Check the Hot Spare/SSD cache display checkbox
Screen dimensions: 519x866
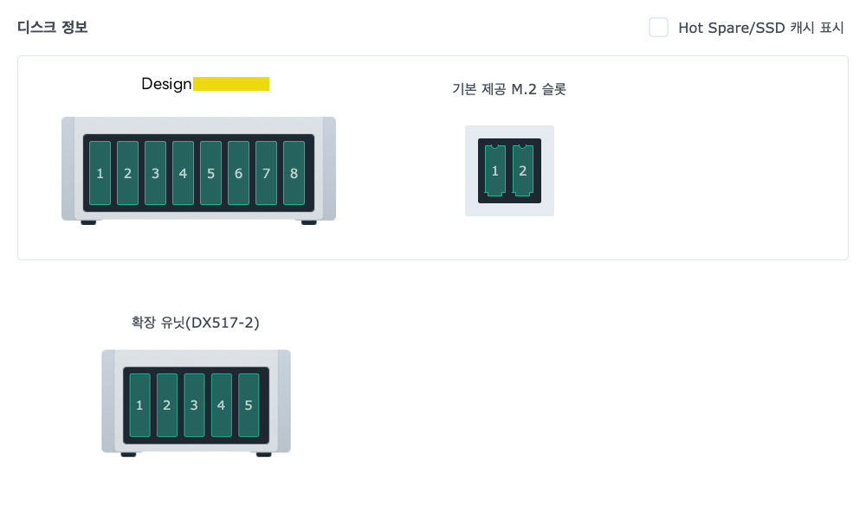[x=659, y=28]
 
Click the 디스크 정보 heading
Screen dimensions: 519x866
[x=52, y=27]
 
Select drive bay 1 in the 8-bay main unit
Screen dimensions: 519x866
[x=100, y=173]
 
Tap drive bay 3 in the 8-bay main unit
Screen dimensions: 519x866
[x=155, y=173]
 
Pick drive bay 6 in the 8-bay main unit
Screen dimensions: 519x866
[x=238, y=173]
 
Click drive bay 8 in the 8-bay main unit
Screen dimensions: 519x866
[x=294, y=173]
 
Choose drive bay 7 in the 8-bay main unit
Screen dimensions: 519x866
[x=266, y=173]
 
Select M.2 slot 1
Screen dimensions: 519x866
[x=494, y=170]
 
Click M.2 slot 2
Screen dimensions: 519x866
[x=522, y=170]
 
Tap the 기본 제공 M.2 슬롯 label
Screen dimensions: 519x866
[x=509, y=88]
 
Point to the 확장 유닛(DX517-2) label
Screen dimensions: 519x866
[x=196, y=323]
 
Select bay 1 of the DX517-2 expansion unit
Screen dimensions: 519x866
[x=139, y=405]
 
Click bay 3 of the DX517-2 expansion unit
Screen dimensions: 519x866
[x=194, y=405]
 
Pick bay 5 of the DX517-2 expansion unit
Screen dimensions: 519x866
[x=249, y=405]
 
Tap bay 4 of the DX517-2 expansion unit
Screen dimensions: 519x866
[x=221, y=405]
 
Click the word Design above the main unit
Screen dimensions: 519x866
[x=166, y=84]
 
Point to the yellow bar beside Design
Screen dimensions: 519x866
[x=231, y=84]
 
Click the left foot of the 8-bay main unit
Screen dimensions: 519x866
[x=88, y=222]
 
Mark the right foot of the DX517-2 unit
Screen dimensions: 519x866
[x=263, y=454]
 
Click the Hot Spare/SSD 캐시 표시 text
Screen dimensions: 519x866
[x=760, y=28]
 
